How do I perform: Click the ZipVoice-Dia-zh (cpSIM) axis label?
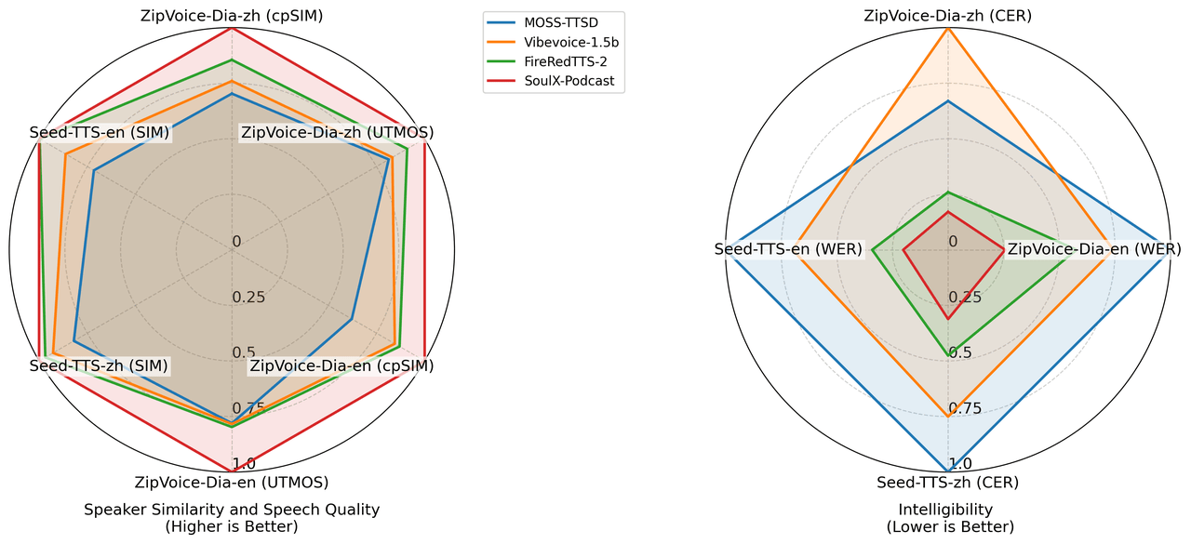(232, 15)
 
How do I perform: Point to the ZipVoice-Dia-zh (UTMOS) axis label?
(337, 133)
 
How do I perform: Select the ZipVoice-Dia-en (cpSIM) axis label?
(341, 365)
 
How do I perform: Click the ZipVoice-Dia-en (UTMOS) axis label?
(232, 483)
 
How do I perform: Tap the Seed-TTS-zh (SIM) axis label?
(99, 365)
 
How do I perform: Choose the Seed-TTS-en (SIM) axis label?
(99, 133)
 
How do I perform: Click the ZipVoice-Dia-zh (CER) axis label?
(948, 15)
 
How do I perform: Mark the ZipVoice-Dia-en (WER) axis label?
(1094, 249)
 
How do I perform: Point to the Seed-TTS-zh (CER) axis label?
(948, 483)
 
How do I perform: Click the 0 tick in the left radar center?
(236, 242)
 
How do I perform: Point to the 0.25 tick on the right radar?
(965, 298)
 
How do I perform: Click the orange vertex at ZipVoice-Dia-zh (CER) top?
(948, 28)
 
